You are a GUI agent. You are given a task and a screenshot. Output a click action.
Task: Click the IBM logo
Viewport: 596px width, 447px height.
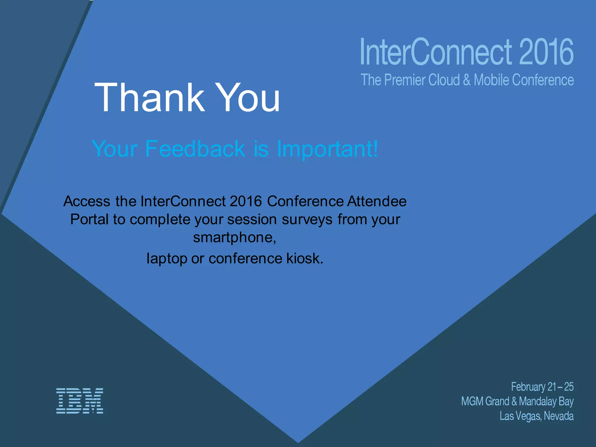point(79,401)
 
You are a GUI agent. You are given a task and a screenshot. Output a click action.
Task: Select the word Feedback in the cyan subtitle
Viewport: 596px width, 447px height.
point(195,149)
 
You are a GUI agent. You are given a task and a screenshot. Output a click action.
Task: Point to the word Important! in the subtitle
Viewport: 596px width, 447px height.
point(327,149)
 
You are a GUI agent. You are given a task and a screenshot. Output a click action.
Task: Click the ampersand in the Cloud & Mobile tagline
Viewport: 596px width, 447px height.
point(466,80)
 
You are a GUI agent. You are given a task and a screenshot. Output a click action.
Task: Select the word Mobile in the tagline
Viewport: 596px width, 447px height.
point(491,80)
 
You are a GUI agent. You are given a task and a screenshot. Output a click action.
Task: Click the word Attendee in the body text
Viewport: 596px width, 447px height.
point(377,201)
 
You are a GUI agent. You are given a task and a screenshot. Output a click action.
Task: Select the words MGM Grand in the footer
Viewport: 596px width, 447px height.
point(485,401)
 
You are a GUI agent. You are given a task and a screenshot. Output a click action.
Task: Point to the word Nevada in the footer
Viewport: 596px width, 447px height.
point(558,416)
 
